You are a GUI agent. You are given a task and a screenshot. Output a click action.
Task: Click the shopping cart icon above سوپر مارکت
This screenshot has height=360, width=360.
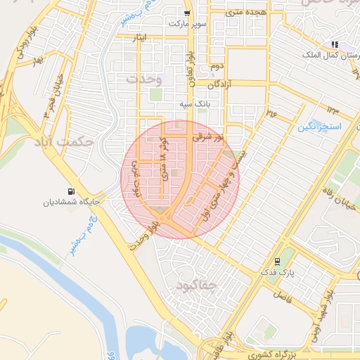[186, 13]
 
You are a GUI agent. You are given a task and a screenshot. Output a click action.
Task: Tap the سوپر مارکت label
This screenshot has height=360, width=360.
[187, 23]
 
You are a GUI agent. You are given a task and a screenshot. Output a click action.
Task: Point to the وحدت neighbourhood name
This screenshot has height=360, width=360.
[144, 79]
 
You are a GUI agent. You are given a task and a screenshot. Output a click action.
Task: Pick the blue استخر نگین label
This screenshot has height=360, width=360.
[319, 127]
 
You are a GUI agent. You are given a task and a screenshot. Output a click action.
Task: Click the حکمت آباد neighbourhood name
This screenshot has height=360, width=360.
[63, 141]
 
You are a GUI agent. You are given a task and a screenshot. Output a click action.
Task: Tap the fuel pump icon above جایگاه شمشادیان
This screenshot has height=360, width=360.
[71, 191]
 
